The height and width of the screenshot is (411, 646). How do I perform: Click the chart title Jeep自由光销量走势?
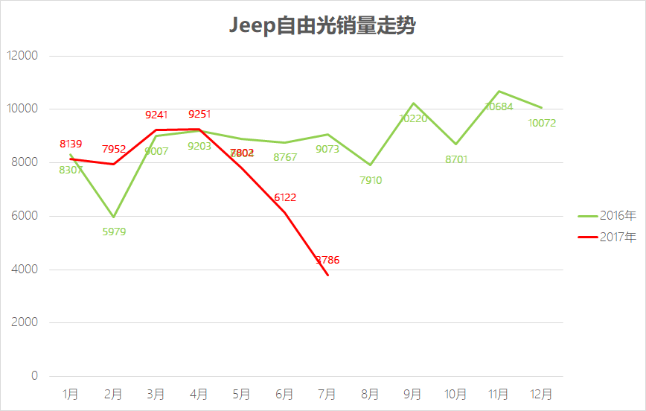[322, 26]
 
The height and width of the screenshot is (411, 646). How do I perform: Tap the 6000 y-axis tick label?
[24, 216]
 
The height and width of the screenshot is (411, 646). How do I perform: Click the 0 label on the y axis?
[34, 376]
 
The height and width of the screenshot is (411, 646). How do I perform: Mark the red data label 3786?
[327, 261]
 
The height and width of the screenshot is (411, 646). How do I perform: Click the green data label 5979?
[114, 232]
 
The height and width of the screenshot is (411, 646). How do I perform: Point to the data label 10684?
[499, 106]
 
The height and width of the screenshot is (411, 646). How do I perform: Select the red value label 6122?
[285, 197]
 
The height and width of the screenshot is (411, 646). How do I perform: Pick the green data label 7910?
[370, 179]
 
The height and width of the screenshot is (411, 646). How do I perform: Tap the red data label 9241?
[156, 115]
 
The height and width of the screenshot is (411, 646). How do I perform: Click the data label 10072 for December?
[542, 123]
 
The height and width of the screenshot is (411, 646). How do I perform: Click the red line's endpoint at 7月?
[327, 275]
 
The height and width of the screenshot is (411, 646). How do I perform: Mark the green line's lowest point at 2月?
[113, 217]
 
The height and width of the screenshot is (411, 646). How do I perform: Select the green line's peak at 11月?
[499, 92]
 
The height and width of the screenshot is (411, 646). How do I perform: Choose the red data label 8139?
[71, 144]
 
